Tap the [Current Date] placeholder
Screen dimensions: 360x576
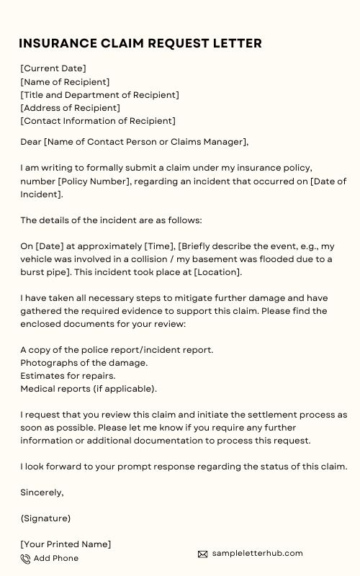pos(53,68)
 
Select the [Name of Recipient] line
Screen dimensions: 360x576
pos(65,82)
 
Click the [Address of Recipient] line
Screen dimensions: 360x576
pos(70,108)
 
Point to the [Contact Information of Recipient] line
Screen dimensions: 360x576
pos(98,121)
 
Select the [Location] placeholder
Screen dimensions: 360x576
pos(217,272)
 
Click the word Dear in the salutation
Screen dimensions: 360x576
pos(31,142)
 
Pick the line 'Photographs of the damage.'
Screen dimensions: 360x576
pos(84,363)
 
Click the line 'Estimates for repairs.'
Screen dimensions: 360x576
pos(68,376)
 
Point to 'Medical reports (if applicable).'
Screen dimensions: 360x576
pos(89,389)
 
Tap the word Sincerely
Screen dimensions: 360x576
pos(42,492)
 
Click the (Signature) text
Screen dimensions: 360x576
pos(45,518)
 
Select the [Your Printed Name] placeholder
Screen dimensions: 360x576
pos(66,544)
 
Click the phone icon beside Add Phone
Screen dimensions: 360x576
pos(25,559)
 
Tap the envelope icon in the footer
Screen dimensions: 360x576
pos(202,554)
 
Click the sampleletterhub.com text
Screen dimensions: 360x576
pos(257,553)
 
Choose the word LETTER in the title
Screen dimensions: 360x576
pos(233,43)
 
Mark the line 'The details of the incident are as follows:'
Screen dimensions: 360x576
pos(111,220)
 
